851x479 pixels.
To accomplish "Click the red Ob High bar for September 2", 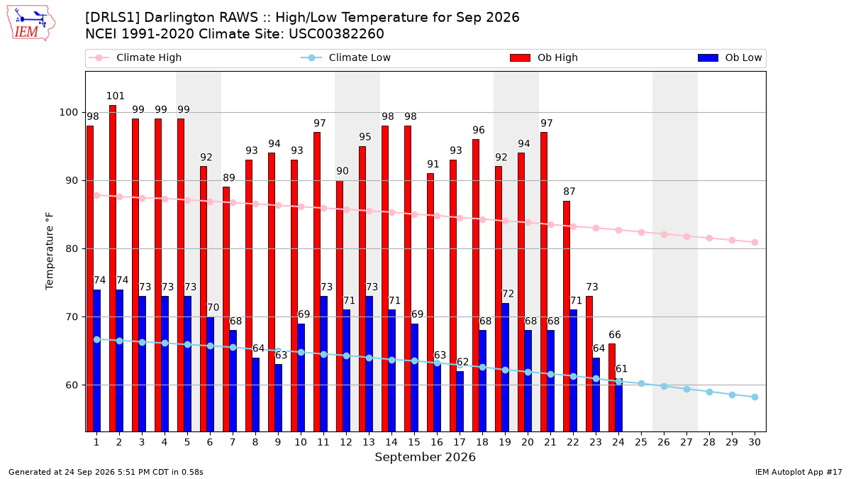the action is [x=113, y=268].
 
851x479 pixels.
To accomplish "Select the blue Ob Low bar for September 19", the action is [x=505, y=368].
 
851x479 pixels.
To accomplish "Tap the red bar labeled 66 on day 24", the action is [x=611, y=387].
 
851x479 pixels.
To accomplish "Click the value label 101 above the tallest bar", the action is [x=115, y=96].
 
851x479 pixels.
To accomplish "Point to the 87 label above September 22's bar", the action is [x=569, y=191].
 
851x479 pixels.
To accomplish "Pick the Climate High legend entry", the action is [x=135, y=57].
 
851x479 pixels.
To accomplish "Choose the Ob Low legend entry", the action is [x=730, y=57].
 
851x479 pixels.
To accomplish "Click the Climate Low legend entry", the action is [x=346, y=57].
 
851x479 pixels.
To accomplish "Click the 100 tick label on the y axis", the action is [x=68, y=113].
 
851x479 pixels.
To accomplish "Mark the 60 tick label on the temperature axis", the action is [x=72, y=385].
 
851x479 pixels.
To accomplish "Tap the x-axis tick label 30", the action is [x=755, y=442].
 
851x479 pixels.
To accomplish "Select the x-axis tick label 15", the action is [x=414, y=442].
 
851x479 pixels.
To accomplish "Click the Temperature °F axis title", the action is [x=50, y=251].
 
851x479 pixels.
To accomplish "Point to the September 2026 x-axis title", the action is [x=425, y=457].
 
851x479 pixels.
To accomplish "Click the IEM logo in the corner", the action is [x=31, y=23].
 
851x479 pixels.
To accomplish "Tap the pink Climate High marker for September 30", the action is [x=755, y=242].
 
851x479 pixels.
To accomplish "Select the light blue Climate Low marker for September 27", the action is [x=686, y=390].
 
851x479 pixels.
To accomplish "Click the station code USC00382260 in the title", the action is [x=336, y=34].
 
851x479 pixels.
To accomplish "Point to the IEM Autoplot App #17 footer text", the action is [x=799, y=472].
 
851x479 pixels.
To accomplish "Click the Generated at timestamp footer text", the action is [x=106, y=472].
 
